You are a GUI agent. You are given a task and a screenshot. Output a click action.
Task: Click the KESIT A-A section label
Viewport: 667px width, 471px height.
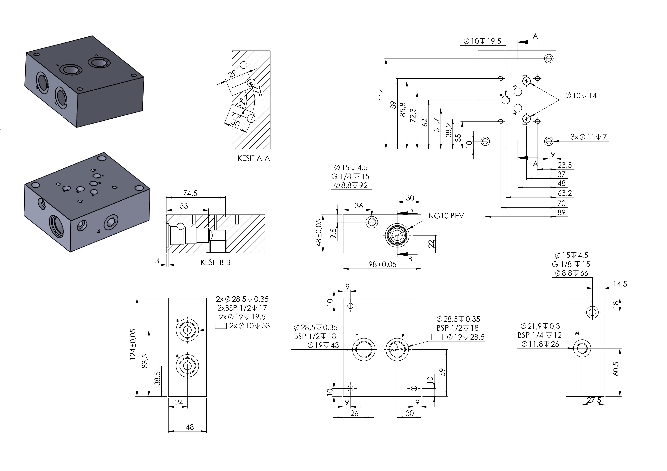[x=254, y=158]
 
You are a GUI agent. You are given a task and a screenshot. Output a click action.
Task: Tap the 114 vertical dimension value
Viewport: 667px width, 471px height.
[x=382, y=95]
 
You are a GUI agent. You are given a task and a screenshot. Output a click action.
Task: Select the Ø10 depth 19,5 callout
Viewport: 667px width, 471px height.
[x=482, y=41]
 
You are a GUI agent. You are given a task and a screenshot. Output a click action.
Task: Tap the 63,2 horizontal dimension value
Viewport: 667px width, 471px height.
[x=565, y=193]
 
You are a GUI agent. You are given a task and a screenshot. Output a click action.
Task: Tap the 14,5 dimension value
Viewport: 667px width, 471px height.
[x=620, y=284]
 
